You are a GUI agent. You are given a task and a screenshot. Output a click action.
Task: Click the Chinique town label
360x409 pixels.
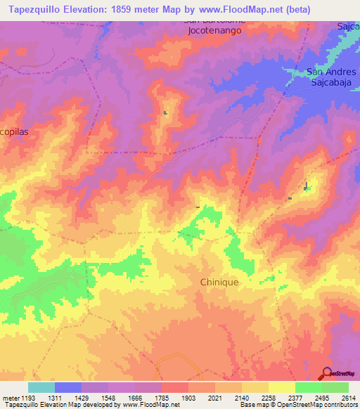(x=219, y=282)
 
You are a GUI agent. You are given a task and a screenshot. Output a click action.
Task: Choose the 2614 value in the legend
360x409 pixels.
(x=348, y=397)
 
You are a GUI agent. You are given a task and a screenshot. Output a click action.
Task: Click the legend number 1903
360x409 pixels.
(x=189, y=397)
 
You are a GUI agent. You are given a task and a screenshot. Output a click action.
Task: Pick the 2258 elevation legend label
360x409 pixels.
(x=269, y=397)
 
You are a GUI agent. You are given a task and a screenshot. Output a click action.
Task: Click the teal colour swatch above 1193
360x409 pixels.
(x=41, y=387)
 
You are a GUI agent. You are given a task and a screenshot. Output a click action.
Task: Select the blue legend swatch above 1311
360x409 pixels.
(x=68, y=387)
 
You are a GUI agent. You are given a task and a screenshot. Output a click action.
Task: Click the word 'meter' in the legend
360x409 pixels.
(x=10, y=397)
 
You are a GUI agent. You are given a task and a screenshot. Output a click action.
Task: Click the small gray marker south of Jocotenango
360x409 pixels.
(x=166, y=112)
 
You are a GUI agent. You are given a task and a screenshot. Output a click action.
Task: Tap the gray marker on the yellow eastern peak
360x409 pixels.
(x=306, y=187)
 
